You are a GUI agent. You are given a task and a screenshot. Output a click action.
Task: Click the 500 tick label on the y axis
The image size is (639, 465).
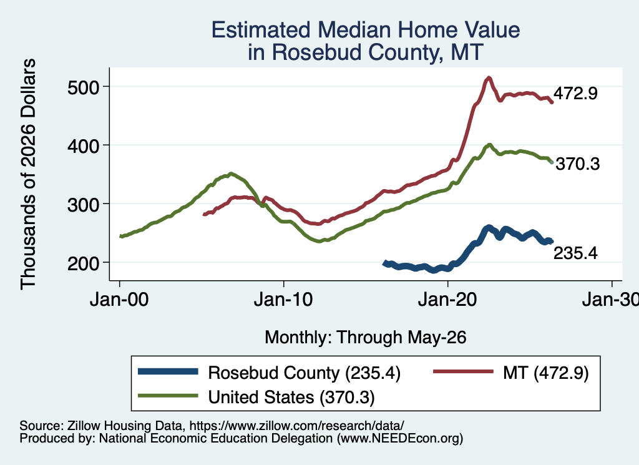point(83,87)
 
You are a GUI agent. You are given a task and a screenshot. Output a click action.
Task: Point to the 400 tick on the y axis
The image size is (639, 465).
point(83,146)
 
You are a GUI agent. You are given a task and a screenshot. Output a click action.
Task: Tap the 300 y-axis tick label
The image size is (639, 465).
point(83,205)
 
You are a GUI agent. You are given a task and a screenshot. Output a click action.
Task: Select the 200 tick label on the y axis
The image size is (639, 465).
point(83,263)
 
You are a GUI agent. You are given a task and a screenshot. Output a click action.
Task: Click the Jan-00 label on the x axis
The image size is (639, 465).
point(119,300)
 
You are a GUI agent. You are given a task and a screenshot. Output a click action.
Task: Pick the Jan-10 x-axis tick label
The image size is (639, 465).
point(283,300)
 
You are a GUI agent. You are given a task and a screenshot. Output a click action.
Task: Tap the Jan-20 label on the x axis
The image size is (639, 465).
point(447,300)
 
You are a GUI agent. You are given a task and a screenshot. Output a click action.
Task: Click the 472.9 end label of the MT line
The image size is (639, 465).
point(575,94)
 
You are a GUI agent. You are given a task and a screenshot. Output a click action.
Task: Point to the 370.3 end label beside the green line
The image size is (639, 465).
point(578,164)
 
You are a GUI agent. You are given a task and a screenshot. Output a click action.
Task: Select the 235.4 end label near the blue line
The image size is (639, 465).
point(575,253)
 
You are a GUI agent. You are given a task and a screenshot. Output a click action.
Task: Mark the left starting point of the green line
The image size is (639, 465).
point(120,237)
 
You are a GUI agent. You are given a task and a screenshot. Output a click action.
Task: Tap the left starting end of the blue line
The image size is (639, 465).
point(384,263)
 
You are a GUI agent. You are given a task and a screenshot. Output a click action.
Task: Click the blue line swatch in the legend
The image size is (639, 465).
point(168,371)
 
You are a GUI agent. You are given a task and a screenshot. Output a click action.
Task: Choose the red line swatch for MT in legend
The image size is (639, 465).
point(463,371)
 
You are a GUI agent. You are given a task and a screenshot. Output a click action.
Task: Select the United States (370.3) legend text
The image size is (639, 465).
point(291,398)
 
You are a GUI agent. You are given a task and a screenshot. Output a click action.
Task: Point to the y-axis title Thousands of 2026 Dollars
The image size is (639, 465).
point(28,174)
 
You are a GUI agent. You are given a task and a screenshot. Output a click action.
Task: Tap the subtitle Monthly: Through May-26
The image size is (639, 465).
point(366,338)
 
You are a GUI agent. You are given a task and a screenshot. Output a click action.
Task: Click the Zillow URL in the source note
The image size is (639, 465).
point(296,426)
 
